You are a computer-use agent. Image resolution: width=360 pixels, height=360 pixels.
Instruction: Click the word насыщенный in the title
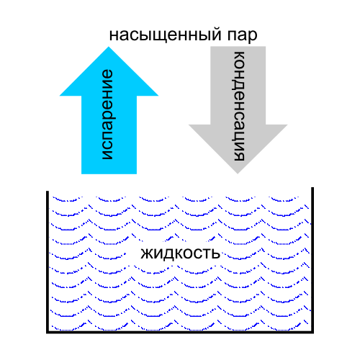click(x=166, y=35)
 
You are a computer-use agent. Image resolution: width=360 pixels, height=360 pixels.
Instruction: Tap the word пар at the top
click(x=242, y=36)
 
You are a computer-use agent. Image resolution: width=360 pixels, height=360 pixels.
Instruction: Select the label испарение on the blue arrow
click(x=107, y=114)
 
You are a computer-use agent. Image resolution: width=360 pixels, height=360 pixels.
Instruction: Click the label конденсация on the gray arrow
click(x=238, y=106)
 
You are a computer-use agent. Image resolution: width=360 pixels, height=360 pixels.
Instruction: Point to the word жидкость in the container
click(x=180, y=253)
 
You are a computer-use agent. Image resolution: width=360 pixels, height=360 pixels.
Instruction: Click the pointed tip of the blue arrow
click(x=109, y=47)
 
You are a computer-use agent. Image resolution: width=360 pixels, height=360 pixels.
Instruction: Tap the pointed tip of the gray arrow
click(x=238, y=174)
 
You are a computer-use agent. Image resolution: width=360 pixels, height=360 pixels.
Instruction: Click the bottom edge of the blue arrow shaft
click(x=109, y=174)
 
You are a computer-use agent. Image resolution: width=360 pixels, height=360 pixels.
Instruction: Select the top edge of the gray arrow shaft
click(x=238, y=47)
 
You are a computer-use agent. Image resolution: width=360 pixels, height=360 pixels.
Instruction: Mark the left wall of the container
click(x=48, y=261)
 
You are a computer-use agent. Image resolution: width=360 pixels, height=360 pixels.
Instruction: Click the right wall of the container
click(x=312, y=260)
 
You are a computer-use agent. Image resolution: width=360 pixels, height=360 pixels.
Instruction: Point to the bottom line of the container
click(x=180, y=332)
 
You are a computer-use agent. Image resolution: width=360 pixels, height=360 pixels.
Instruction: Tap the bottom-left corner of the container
click(x=48, y=332)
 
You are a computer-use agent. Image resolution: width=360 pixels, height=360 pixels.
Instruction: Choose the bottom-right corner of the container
click(x=312, y=332)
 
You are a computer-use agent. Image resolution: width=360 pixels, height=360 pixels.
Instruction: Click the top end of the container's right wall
click(x=312, y=188)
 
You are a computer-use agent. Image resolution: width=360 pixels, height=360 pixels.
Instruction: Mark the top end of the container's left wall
click(x=48, y=192)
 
